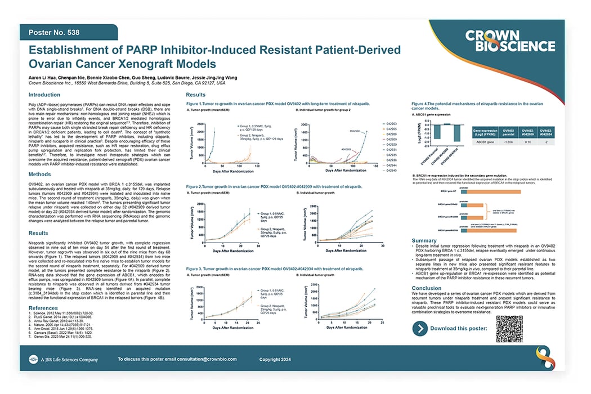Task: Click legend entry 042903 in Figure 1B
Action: [x=390, y=122]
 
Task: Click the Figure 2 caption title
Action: [x=276, y=186]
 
